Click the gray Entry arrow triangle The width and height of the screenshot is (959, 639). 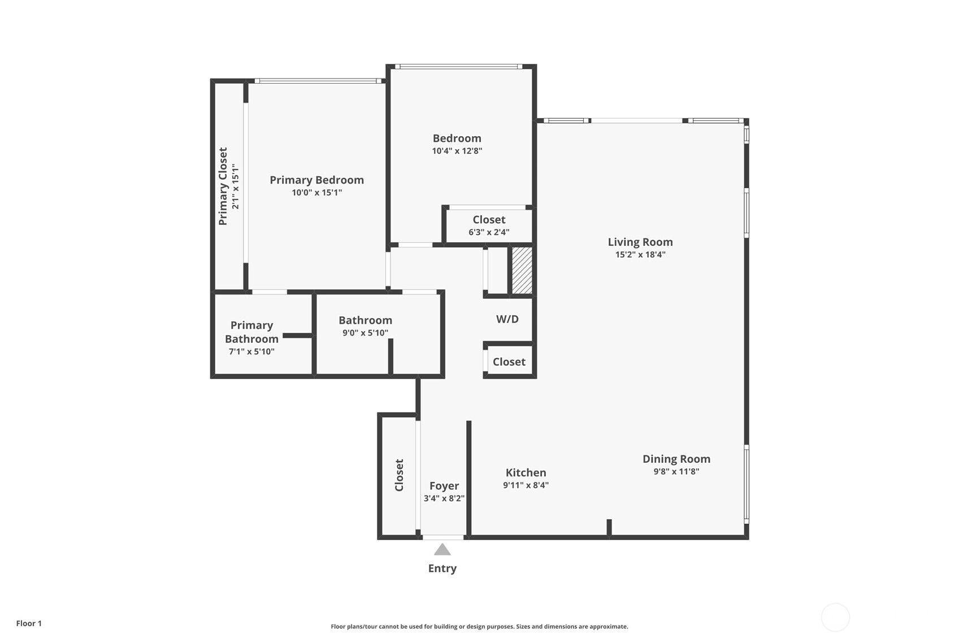442,550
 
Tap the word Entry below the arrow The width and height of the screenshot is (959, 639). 442,568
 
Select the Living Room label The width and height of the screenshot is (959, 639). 640,242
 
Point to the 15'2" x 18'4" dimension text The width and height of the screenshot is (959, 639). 640,255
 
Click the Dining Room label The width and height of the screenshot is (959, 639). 676,459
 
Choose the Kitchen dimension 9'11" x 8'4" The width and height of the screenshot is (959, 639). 526,485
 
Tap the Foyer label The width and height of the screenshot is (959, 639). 444,486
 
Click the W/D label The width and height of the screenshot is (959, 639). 507,319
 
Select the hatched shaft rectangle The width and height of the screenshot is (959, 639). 522,271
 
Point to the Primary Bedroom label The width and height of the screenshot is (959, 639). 317,180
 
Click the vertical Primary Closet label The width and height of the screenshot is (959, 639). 223,186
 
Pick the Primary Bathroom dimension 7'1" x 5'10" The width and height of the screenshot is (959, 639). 251,352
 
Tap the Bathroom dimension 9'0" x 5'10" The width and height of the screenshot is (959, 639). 365,333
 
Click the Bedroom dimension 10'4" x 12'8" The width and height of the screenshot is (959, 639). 457,151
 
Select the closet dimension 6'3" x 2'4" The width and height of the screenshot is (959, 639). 489,232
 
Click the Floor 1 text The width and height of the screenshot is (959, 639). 29,624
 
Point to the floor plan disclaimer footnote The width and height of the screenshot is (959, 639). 479,627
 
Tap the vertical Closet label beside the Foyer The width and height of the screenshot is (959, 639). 399,475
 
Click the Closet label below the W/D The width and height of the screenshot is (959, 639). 509,362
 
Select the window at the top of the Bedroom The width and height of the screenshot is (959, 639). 458,67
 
